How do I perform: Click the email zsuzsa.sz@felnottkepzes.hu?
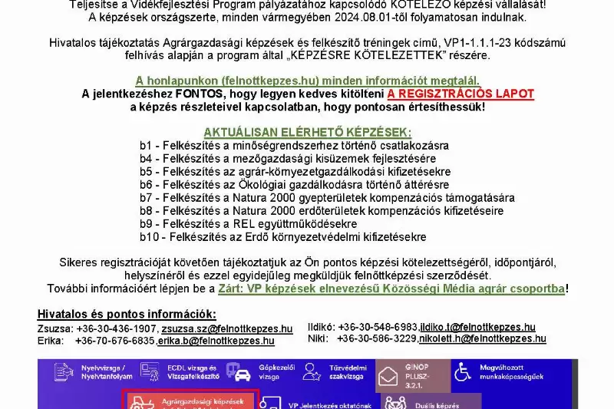[226, 328]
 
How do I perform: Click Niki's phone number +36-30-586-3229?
[373, 338]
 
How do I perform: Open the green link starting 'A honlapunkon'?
[307, 81]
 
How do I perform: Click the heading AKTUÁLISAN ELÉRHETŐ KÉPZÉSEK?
[307, 132]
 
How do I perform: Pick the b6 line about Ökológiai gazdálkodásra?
[294, 185]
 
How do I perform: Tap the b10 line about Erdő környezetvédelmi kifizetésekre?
[282, 237]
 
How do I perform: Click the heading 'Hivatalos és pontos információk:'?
[127, 314]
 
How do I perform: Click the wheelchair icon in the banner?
[463, 372]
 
